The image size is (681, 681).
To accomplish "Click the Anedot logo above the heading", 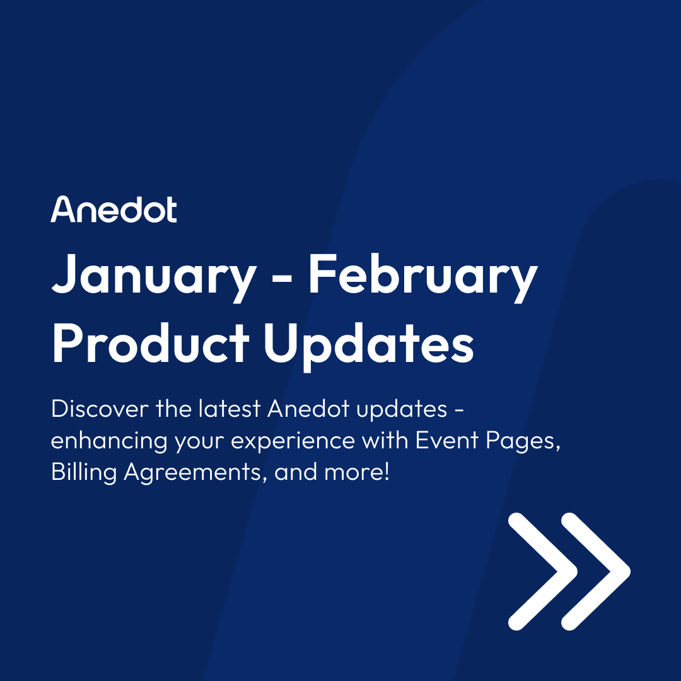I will (113, 209).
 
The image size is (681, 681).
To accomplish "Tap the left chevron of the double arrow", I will (544, 571).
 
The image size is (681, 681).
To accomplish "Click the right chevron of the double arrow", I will (597, 571).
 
